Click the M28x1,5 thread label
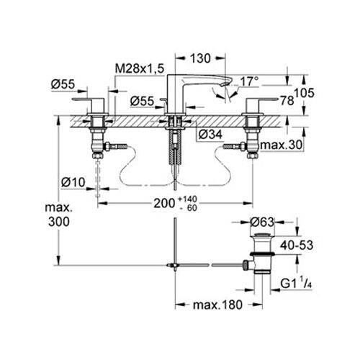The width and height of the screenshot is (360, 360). (x=141, y=68)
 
